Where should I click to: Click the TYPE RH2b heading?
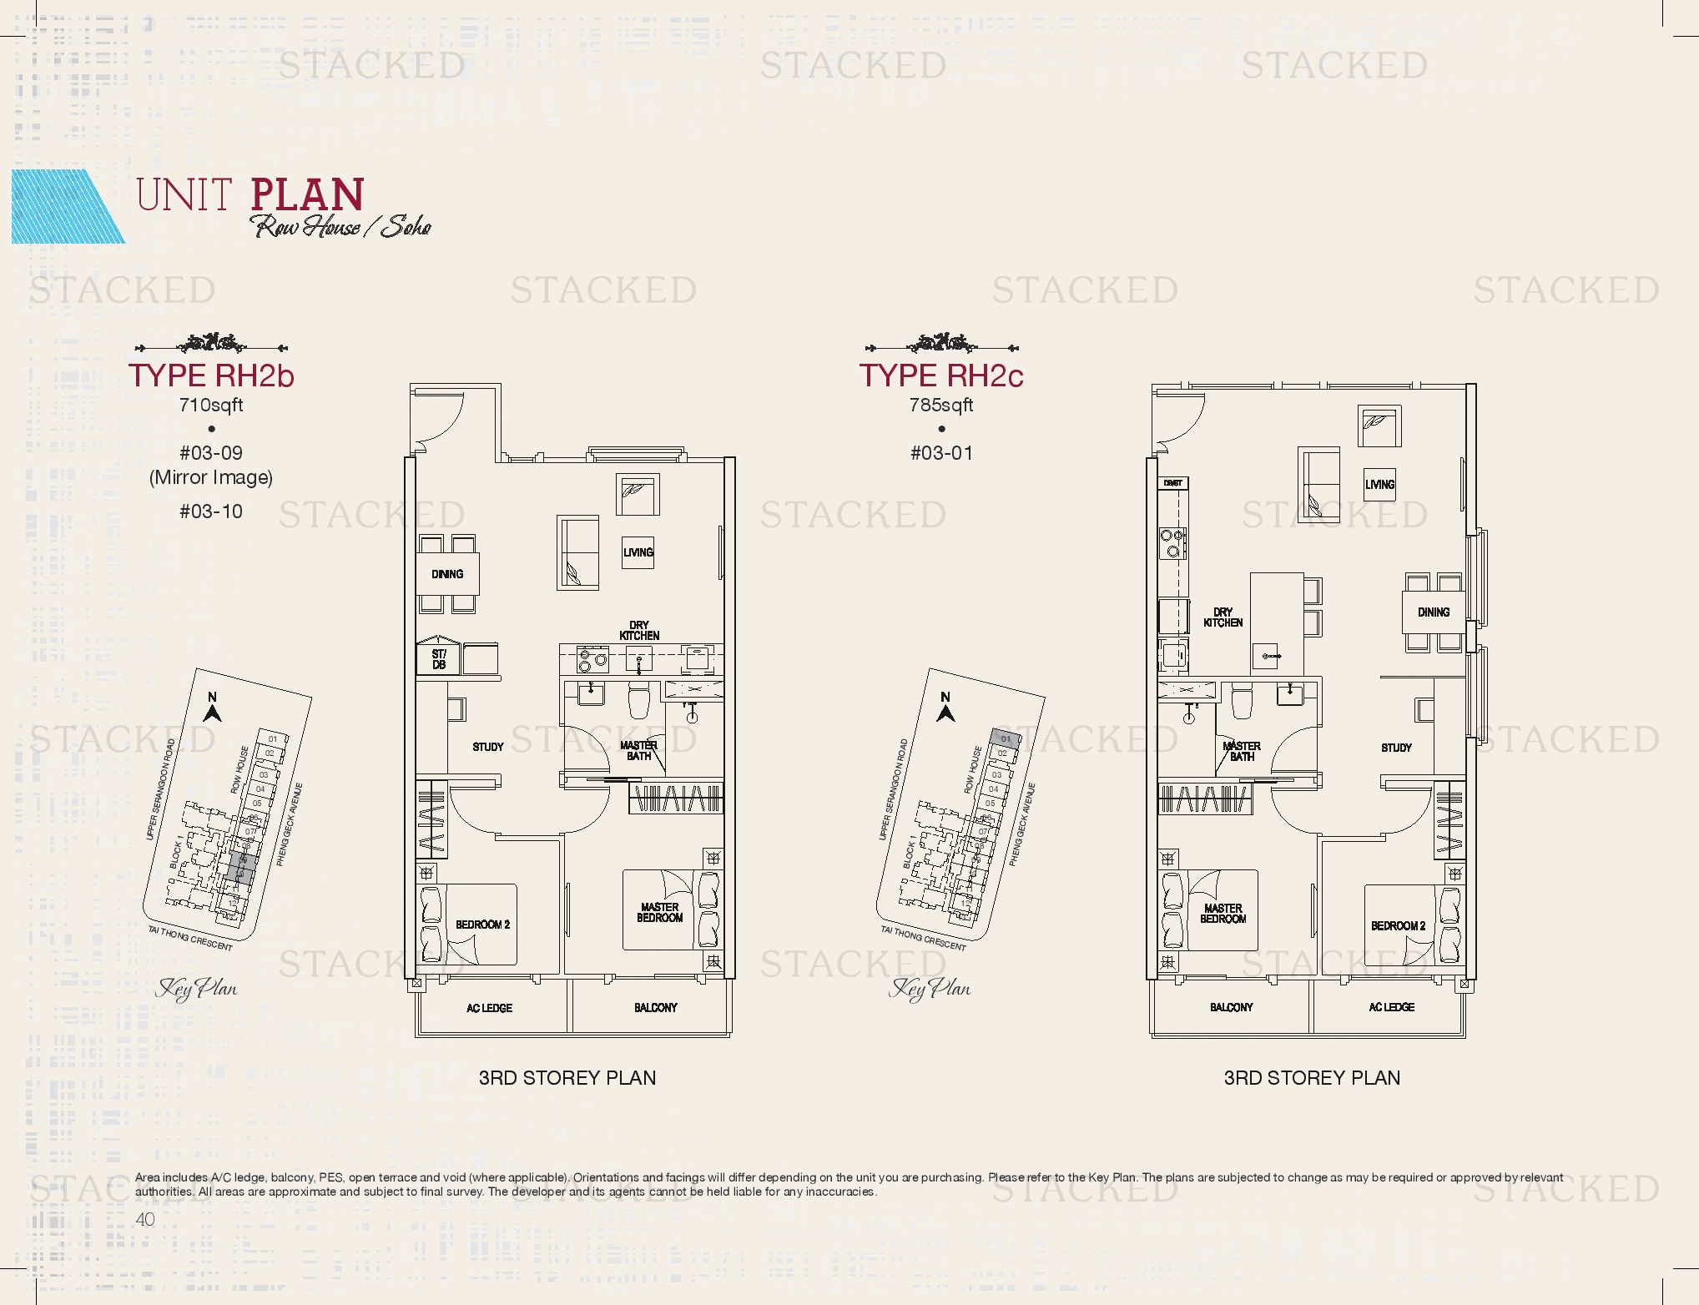click(211, 375)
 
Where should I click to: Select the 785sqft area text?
click(941, 406)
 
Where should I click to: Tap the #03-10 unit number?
click(211, 511)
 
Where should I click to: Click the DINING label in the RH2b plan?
click(447, 574)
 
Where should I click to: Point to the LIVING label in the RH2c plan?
click(1379, 485)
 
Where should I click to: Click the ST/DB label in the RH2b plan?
click(439, 660)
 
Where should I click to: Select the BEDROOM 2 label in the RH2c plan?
click(1398, 926)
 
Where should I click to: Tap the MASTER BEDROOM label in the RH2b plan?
click(659, 912)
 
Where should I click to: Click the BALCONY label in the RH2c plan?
click(1231, 1008)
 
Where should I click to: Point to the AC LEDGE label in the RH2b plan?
click(489, 1009)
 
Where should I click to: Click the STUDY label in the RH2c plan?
click(1396, 748)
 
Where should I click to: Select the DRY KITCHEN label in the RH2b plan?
click(639, 631)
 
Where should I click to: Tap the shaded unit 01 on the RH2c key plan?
click(1006, 738)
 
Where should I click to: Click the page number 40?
click(145, 1219)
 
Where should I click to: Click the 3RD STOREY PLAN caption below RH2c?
click(1312, 1078)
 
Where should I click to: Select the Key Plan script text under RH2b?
click(197, 989)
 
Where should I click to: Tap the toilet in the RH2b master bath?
click(639, 701)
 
